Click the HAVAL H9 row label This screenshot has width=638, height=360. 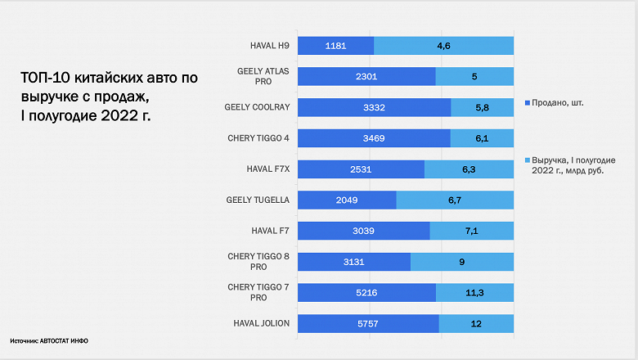coord(270,46)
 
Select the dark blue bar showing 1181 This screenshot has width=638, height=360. coord(335,46)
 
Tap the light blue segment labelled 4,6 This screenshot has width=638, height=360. coord(444,46)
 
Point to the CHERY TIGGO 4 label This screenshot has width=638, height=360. coord(258,138)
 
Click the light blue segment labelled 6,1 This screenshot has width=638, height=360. coord(482,139)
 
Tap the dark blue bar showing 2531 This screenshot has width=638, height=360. coord(361,169)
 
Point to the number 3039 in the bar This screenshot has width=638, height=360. coord(362,232)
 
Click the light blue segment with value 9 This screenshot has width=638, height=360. coord(462,262)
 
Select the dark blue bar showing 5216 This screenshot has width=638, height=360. coord(366,293)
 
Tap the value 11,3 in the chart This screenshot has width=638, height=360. coord(474,293)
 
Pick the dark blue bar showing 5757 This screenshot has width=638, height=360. coord(368,324)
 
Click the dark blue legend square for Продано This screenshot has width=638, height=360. coord(526,103)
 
